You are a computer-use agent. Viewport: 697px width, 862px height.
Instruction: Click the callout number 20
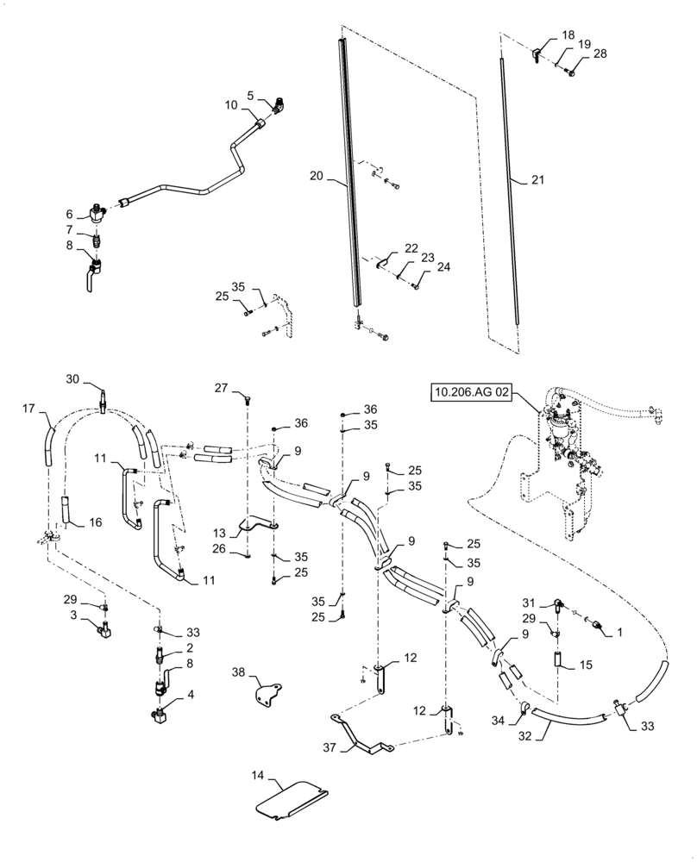(315, 176)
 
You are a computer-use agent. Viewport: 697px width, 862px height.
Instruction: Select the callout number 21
(537, 179)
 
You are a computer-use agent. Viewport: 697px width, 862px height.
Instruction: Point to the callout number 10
(231, 105)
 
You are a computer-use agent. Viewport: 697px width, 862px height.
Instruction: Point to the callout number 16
(95, 522)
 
